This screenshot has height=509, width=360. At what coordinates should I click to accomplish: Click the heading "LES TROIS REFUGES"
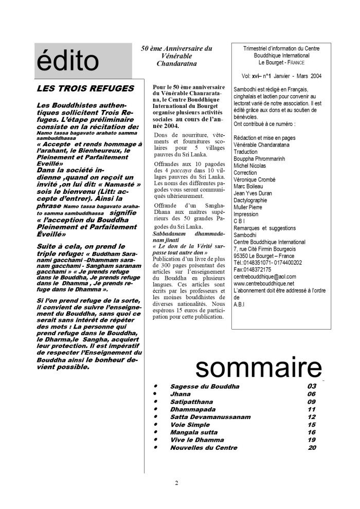coord(86,88)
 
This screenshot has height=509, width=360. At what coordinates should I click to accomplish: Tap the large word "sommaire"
coord(258,368)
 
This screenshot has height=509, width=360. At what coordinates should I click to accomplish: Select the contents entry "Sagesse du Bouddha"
coord(205,386)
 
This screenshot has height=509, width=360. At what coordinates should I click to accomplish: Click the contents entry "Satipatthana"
coord(191,402)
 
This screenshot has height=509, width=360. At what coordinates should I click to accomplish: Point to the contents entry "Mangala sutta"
coord(193,432)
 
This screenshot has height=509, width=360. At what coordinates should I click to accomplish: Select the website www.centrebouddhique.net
coord(264,283)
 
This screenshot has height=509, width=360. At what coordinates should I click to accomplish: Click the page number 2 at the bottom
coord(176,483)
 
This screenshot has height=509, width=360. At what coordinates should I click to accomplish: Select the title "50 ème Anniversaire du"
coord(177,48)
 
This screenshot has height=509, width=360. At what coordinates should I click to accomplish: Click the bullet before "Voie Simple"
coord(156,425)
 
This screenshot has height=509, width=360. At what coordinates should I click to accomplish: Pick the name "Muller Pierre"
coord(250,207)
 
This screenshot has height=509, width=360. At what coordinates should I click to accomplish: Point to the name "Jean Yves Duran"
coord(253,193)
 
